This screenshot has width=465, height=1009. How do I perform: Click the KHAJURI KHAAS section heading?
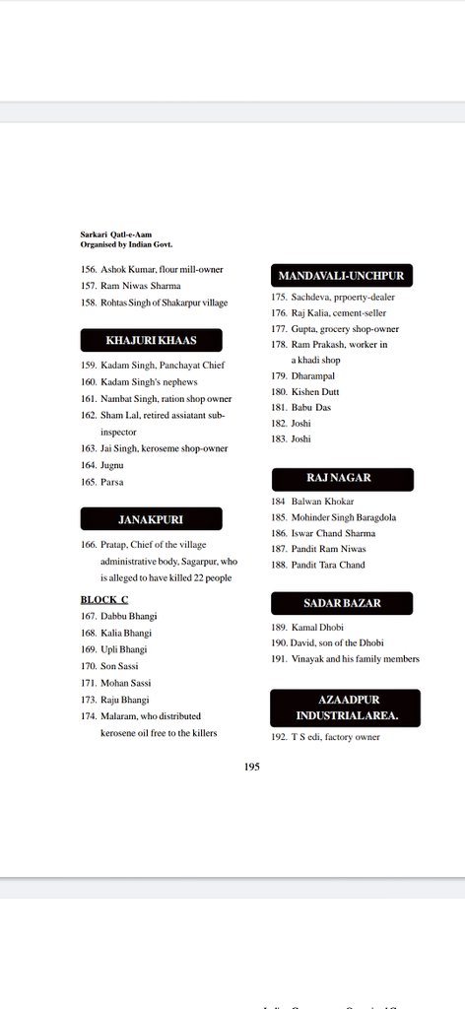point(151,341)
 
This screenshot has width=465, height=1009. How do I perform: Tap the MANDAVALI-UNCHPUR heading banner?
point(341,274)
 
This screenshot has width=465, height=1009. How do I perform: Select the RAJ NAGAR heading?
point(341,479)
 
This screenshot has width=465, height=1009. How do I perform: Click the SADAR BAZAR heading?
point(341,602)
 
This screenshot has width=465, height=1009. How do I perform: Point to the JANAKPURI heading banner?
point(151,518)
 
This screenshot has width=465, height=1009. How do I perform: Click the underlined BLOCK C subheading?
point(104,599)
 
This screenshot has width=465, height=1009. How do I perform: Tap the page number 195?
point(252,766)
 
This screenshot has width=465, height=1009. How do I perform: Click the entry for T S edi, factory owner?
point(325,736)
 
